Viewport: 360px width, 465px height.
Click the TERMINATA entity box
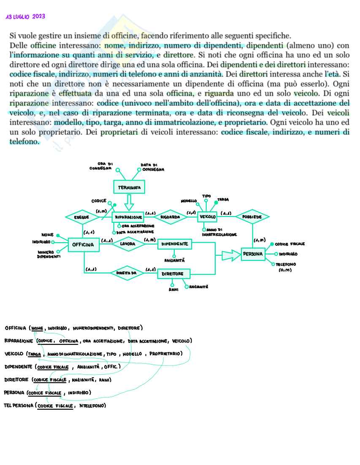click(129, 187)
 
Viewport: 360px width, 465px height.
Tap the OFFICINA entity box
click(84, 244)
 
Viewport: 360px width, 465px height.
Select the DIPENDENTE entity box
click(174, 243)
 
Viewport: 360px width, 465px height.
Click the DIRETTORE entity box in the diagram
click(173, 274)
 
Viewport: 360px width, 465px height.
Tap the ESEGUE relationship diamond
click(81, 217)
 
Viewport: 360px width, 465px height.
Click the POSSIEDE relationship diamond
click(252, 217)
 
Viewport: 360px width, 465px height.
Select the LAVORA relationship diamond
click(127, 243)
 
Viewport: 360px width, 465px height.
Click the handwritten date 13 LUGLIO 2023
click(25, 17)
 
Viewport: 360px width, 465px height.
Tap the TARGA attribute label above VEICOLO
click(223, 199)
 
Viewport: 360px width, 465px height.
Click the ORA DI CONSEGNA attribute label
click(100, 166)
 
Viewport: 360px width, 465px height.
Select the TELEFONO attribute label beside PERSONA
click(286, 265)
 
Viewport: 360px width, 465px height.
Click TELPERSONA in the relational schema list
click(19, 406)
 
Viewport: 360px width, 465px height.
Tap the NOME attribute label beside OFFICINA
click(47, 235)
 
